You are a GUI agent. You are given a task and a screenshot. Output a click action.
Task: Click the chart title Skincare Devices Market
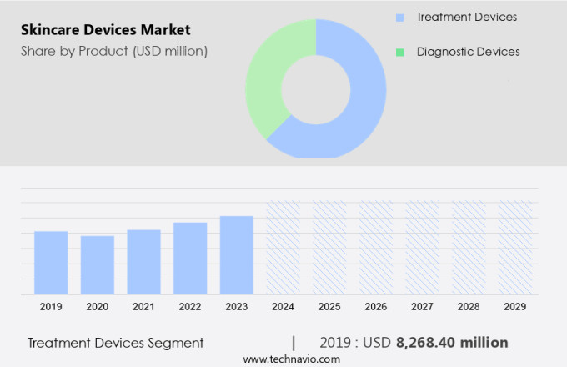[x=106, y=30]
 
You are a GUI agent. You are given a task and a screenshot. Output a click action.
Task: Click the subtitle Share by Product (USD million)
[x=114, y=51]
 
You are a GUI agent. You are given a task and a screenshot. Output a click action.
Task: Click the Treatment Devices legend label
[x=467, y=17]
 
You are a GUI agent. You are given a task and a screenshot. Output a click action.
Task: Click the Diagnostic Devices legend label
[x=468, y=52]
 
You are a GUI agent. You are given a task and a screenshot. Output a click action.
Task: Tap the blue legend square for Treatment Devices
[x=400, y=17]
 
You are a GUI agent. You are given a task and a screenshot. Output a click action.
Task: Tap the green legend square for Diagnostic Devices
[x=400, y=52]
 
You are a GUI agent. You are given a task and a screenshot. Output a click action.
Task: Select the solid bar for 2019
[x=51, y=262]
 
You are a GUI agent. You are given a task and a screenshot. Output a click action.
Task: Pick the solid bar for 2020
[x=98, y=264]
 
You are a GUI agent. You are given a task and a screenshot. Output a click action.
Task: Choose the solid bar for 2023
[x=237, y=254]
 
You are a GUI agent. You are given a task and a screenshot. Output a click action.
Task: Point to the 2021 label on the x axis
[x=143, y=307]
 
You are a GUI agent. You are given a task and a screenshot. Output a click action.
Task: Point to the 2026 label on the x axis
[x=376, y=307]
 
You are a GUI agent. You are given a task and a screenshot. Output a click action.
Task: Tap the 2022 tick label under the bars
[x=190, y=307]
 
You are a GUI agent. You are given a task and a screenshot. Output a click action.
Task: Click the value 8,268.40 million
[x=452, y=343]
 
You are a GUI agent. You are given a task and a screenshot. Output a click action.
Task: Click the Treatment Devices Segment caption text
[x=115, y=343]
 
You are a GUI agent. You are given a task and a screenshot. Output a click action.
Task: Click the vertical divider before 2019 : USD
[x=294, y=343]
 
